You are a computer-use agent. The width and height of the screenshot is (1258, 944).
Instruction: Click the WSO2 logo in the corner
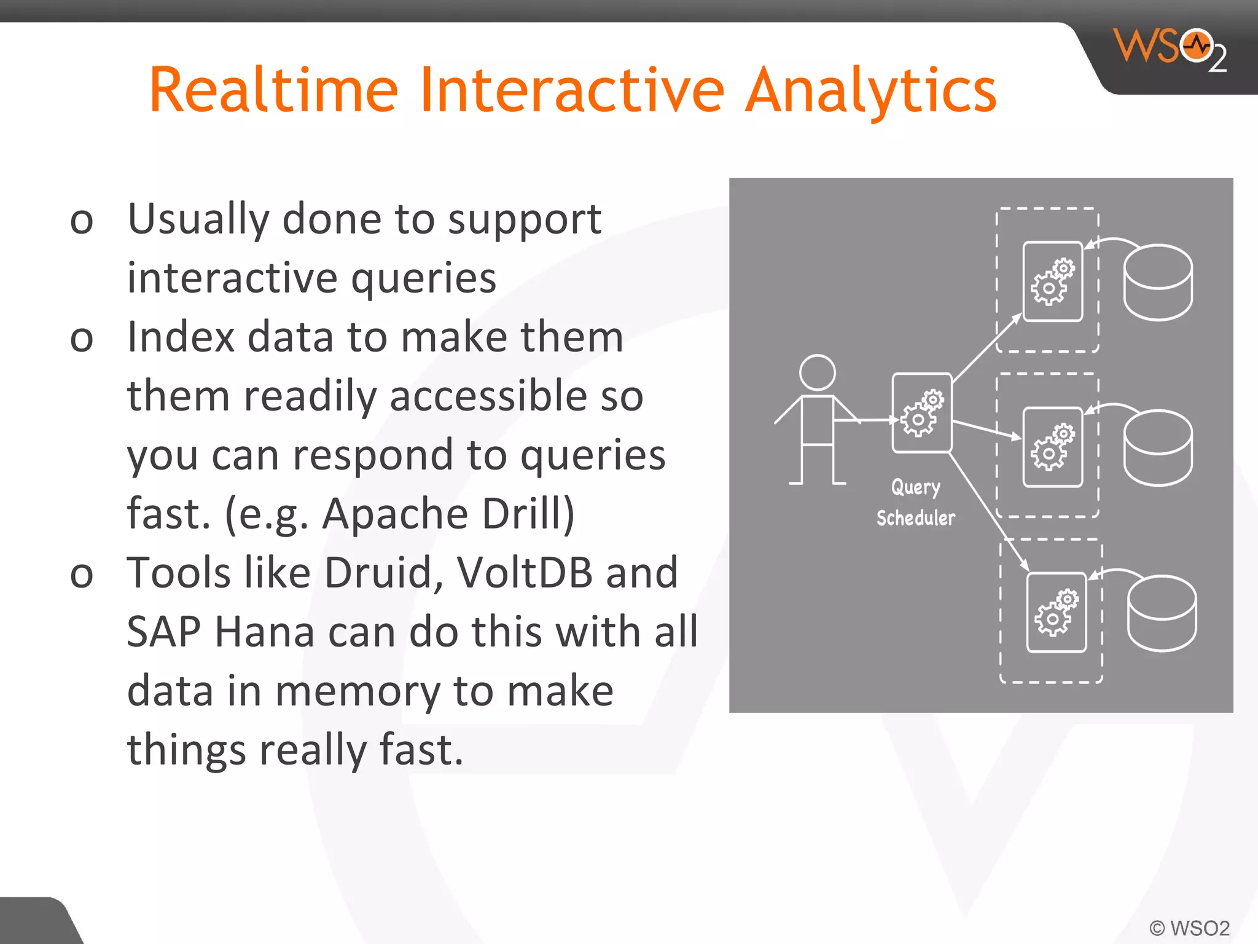[1171, 49]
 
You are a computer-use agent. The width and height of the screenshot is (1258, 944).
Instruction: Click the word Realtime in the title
[274, 91]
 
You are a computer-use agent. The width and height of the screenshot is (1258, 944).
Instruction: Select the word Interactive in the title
[572, 91]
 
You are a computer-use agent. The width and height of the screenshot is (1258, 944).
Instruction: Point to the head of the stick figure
[817, 372]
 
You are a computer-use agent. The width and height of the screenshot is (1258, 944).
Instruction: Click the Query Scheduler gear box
[921, 413]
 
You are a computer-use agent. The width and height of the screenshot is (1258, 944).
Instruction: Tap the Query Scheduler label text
[915, 503]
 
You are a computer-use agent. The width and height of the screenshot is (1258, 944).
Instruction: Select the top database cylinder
[1158, 283]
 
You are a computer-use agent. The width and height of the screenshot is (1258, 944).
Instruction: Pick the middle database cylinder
[1158, 449]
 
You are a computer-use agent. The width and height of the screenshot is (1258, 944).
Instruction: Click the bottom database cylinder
[1162, 613]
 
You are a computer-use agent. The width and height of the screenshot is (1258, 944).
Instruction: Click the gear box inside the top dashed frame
[1052, 281]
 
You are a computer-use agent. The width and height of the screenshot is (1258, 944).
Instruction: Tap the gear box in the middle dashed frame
[1052, 447]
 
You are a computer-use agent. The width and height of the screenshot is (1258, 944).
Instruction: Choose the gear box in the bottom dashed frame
[1056, 612]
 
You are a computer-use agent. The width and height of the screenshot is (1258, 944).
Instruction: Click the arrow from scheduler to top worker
[986, 347]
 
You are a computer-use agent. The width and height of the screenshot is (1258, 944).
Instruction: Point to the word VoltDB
[525, 573]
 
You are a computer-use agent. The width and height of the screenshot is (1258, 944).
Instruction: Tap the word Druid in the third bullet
[378, 573]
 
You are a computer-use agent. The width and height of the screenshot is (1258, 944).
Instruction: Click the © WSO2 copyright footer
[1189, 927]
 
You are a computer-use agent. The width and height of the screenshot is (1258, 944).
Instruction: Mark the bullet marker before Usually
[82, 221]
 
